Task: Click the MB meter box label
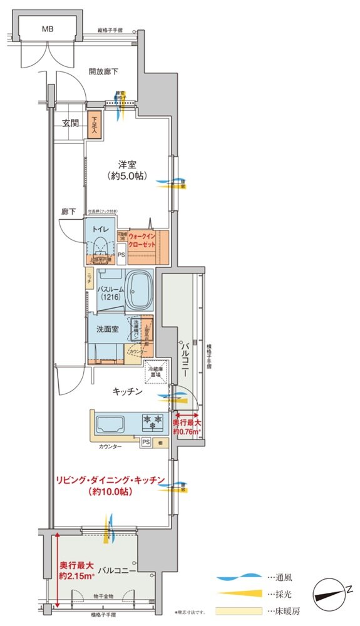(48, 29)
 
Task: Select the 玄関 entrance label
(70, 123)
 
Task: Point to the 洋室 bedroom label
(128, 165)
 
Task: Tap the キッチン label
(128, 392)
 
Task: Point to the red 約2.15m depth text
(76, 575)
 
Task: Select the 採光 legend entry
(275, 593)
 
